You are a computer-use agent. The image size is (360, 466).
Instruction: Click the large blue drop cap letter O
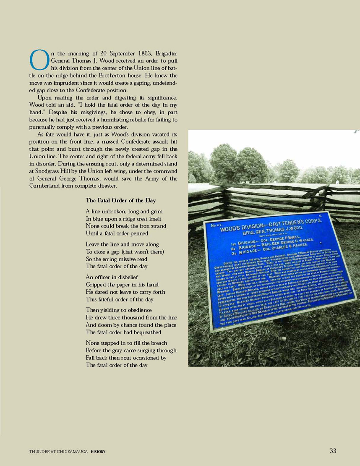tap(37, 60)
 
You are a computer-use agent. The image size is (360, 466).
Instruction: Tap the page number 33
tap(333, 451)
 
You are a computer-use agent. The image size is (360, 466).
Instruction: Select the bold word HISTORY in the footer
tap(98, 452)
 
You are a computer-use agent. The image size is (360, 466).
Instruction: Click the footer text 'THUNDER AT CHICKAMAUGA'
tap(58, 452)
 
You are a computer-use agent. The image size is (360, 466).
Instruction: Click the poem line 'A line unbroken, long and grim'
tap(124, 212)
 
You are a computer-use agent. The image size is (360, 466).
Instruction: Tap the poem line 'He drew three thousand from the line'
tap(130, 318)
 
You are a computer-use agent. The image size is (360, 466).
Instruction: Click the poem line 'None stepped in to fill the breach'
tap(126, 343)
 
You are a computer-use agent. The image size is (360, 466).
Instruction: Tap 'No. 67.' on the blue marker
tap(217, 226)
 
